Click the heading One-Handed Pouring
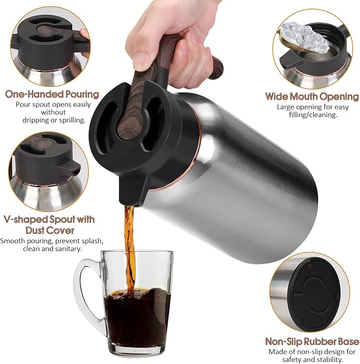coord(51,94)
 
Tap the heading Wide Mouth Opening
coord(312,96)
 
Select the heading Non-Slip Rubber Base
coord(312,342)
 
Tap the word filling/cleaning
coord(314,115)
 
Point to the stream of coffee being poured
coord(129,244)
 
